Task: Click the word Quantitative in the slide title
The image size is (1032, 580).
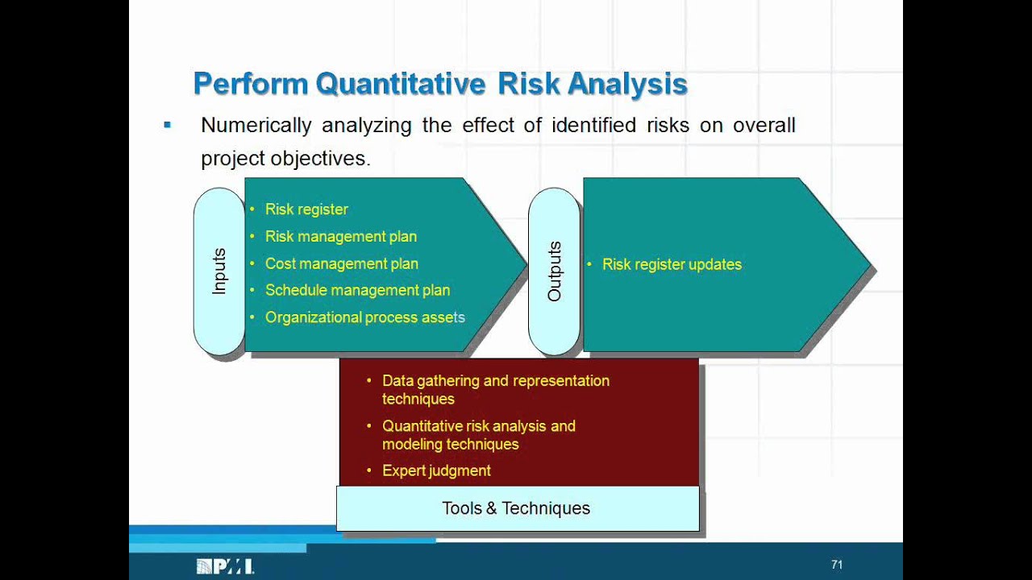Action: (401, 85)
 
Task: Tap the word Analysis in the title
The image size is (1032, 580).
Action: (627, 85)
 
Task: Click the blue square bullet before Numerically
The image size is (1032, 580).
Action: (167, 124)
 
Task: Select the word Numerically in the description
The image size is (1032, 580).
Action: (256, 125)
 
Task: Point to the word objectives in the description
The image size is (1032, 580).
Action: (321, 159)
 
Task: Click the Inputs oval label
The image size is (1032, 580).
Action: (219, 271)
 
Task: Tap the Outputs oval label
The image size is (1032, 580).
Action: (554, 271)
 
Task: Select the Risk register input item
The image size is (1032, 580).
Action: (306, 209)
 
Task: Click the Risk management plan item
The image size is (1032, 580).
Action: (341, 237)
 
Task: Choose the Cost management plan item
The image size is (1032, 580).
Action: (342, 263)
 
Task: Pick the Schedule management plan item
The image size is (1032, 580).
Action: (357, 291)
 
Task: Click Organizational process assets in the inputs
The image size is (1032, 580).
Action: (365, 317)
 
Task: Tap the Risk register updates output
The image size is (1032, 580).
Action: (672, 265)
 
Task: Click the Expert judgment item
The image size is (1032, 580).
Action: (436, 471)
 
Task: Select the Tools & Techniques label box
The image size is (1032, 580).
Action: (518, 508)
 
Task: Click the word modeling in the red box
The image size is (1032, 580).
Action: (412, 445)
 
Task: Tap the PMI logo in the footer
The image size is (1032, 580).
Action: (225, 566)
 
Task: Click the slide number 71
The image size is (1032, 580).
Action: (837, 565)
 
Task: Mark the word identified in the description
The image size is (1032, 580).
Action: (594, 125)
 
